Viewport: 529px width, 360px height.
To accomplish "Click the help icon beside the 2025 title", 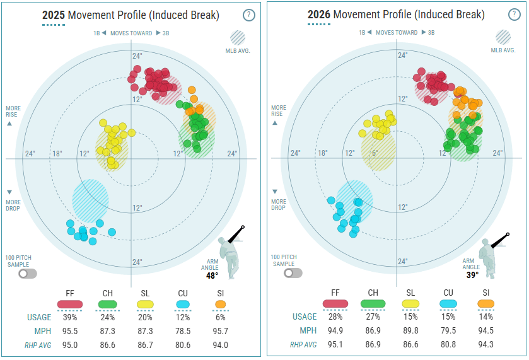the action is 248,15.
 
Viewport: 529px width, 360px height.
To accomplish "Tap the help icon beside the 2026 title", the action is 514,15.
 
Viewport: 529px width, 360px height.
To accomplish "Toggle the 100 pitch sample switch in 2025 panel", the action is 28,274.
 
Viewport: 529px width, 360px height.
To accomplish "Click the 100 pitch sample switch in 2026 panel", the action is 293,273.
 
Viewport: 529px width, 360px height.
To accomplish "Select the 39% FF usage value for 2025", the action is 70,317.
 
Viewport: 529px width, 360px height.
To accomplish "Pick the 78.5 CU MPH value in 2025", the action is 183,332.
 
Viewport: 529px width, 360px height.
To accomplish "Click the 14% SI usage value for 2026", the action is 486,316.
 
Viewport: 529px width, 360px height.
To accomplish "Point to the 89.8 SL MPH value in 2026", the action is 410,330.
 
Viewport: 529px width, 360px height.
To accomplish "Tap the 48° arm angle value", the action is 212,276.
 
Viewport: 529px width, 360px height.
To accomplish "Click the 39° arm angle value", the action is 472,275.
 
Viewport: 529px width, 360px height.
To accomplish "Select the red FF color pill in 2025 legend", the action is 70,305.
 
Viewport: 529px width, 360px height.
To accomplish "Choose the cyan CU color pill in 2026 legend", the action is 448,304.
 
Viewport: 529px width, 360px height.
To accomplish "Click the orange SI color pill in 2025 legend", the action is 220,305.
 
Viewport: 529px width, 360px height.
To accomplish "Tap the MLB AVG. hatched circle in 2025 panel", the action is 238,38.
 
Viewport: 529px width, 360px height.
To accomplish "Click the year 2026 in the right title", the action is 319,15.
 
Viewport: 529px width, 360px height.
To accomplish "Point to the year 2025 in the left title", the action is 54,15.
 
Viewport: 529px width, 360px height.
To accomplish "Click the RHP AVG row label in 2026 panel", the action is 303,345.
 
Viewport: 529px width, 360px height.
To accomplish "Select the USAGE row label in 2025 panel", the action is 39,318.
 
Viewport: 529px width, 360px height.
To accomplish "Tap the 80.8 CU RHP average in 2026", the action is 448,344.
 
